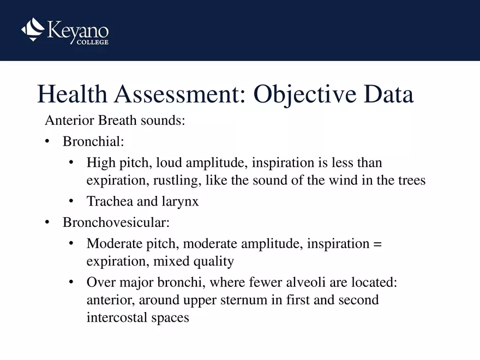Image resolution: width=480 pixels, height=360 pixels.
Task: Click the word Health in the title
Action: pyautogui.click(x=72, y=94)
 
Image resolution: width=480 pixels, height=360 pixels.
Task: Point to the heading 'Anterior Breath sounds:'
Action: pyautogui.click(x=115, y=121)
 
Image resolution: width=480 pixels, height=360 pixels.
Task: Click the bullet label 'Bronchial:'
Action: pyautogui.click(x=93, y=142)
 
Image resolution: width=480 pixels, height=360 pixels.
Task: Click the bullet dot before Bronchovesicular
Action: pyautogui.click(x=47, y=223)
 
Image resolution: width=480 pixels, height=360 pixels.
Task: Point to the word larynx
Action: pyautogui.click(x=180, y=201)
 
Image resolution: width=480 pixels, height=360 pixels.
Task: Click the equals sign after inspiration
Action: pyautogui.click(x=378, y=244)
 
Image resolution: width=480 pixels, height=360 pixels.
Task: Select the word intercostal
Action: pyautogui.click(x=118, y=317)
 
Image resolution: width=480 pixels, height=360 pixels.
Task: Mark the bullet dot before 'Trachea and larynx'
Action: pyautogui.click(x=71, y=201)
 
